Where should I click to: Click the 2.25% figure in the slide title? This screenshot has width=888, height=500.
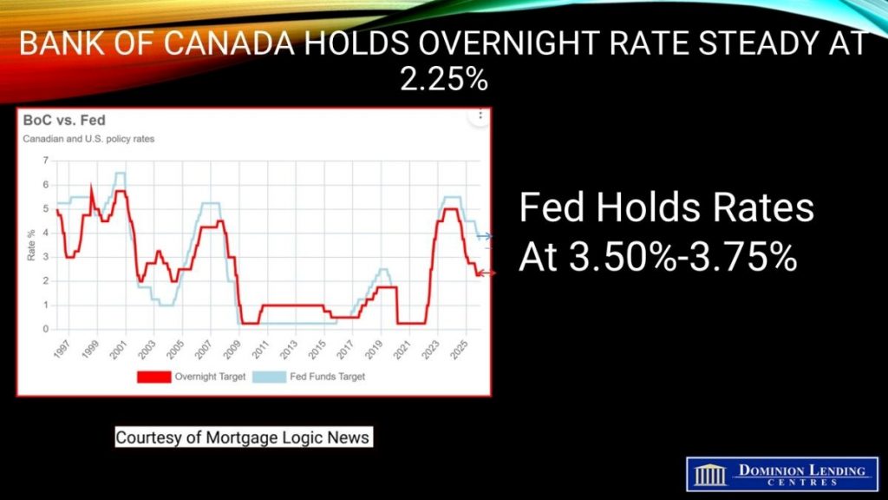point(444,79)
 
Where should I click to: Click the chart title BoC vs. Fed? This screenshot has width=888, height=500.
point(64,120)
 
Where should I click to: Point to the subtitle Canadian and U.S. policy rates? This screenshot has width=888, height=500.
point(88,139)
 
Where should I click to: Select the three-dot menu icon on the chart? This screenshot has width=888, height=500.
point(480,115)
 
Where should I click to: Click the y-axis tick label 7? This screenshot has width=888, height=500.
point(46,161)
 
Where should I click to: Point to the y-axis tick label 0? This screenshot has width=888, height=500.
point(46,329)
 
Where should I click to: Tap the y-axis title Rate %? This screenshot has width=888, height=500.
point(31,245)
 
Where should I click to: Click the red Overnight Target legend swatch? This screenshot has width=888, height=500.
point(154,377)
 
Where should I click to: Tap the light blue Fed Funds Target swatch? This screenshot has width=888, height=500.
point(269,377)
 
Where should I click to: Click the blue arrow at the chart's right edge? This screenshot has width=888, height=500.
point(484,236)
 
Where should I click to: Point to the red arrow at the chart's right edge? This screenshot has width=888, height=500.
point(486,273)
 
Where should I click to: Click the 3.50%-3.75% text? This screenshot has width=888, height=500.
point(658,257)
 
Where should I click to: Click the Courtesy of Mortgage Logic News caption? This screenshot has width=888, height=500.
point(244,437)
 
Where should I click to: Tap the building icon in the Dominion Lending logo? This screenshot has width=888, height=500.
point(710,474)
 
